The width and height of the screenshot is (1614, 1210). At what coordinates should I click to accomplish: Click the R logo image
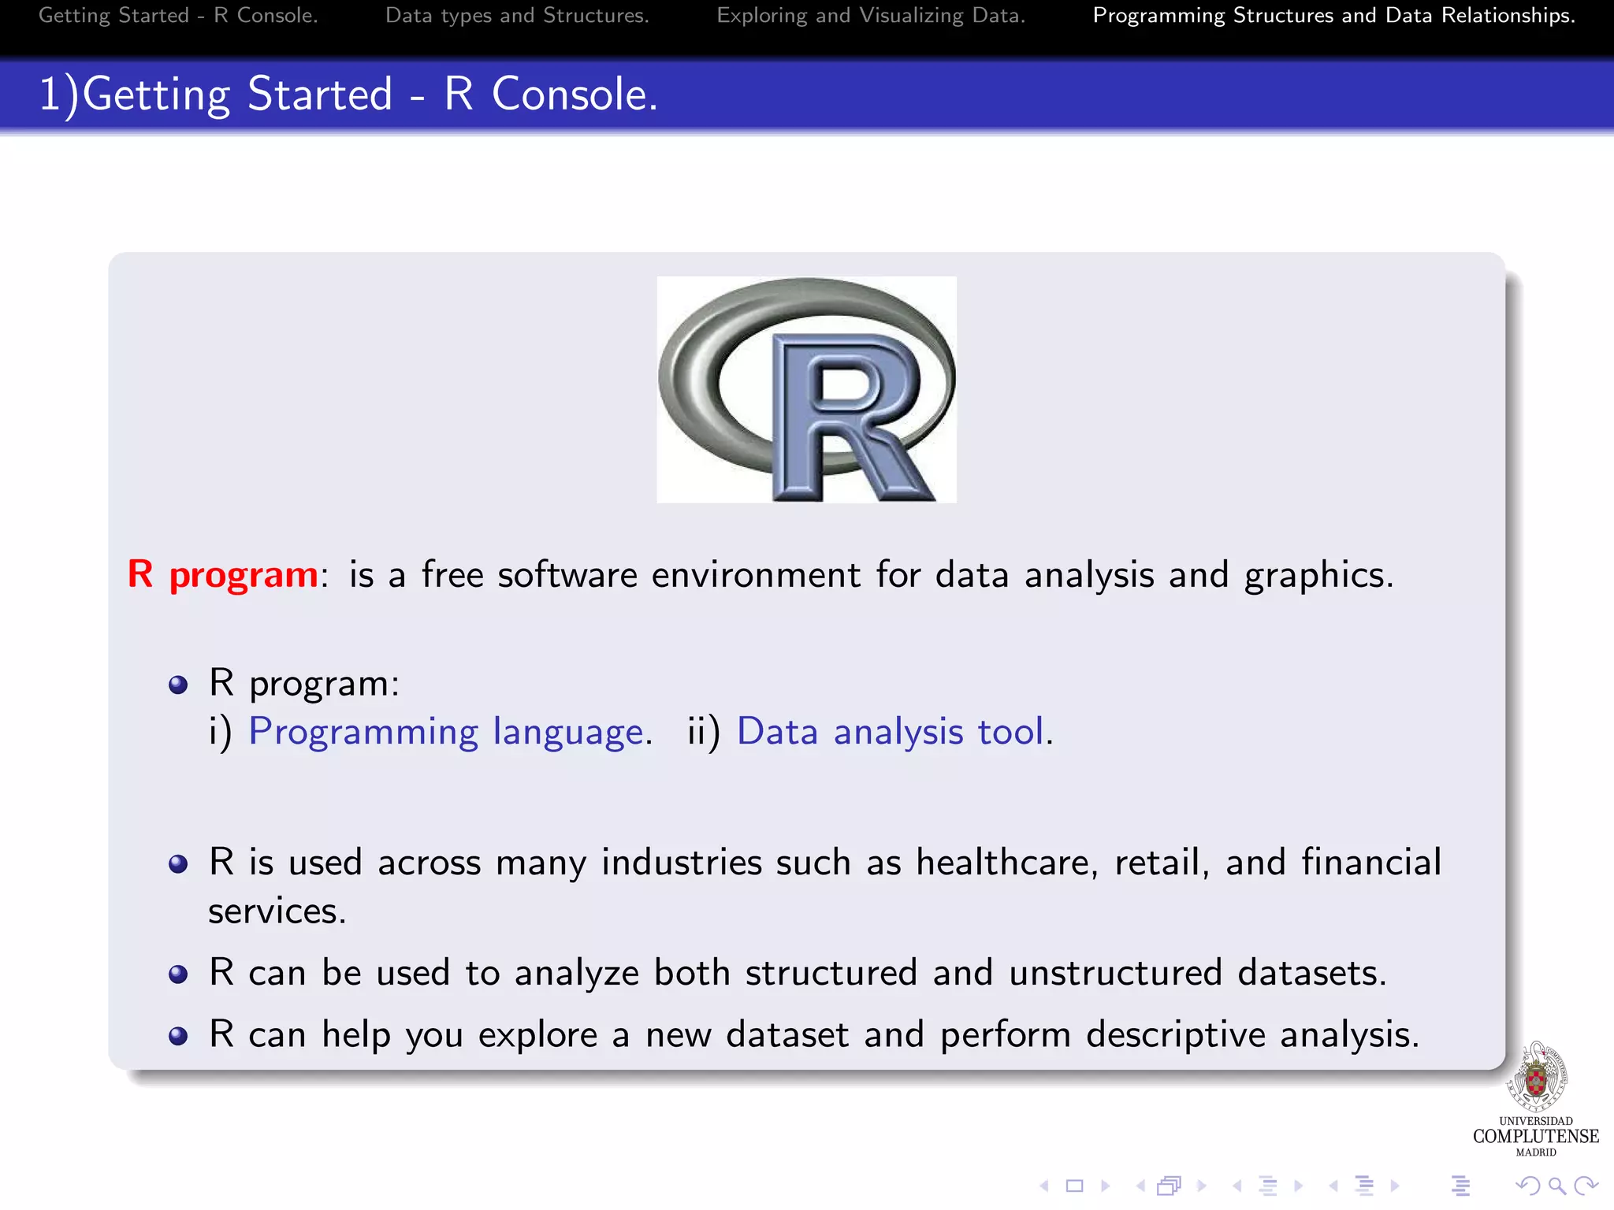tap(806, 389)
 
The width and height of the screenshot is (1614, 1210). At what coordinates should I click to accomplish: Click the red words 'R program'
tap(222, 574)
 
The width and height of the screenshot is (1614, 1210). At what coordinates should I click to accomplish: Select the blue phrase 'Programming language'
tap(446, 732)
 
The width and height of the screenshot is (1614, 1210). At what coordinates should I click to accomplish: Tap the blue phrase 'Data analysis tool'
tap(891, 732)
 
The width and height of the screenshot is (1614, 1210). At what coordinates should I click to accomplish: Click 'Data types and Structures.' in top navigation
tap(517, 16)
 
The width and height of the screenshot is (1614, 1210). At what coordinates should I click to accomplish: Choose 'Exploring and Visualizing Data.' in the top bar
tap(871, 16)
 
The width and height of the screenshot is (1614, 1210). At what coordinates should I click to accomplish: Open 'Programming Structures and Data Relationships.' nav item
tap(1333, 16)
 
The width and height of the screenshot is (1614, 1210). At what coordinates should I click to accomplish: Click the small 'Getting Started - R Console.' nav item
tap(178, 16)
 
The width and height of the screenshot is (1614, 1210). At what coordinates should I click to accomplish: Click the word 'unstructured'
tap(1115, 973)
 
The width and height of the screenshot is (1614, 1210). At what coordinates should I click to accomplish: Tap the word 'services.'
tap(277, 911)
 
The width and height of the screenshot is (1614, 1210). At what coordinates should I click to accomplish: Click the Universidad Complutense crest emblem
tap(1535, 1077)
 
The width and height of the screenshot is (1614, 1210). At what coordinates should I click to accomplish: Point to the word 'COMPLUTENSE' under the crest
tap(1535, 1136)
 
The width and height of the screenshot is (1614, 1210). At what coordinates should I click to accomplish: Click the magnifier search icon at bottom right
tap(1556, 1185)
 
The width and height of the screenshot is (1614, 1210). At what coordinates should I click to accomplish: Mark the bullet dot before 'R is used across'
tap(179, 864)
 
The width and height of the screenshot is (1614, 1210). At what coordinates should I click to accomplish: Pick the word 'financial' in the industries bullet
tap(1371, 862)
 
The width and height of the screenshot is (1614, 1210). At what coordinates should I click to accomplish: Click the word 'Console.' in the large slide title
tap(575, 95)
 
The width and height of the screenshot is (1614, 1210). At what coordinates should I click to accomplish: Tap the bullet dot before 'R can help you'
tap(179, 1036)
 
